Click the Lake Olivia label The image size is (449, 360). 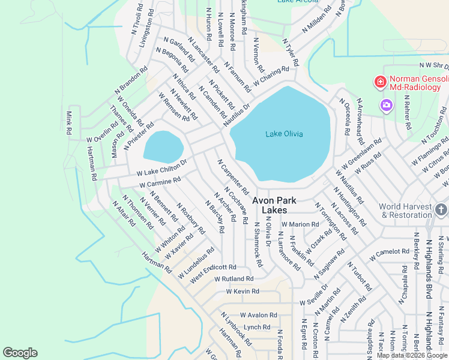pos(284,134)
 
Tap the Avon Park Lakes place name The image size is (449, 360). pos(277,205)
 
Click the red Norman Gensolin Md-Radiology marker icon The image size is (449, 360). pos(380,82)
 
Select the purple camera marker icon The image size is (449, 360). pos(386,106)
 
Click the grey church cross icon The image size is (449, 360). pos(441,209)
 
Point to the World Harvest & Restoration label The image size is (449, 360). pos(405,211)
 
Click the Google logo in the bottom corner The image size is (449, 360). pos(20,353)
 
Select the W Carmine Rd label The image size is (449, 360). pos(160,182)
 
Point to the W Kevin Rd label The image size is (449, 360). pos(242,292)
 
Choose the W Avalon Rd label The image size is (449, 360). pos(259,315)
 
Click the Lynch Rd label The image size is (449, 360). pos(257,327)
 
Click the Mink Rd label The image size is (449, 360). pos(70,123)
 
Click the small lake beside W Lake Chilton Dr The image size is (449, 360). pos(163,147)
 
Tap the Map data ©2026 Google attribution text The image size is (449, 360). pos(412,355)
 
